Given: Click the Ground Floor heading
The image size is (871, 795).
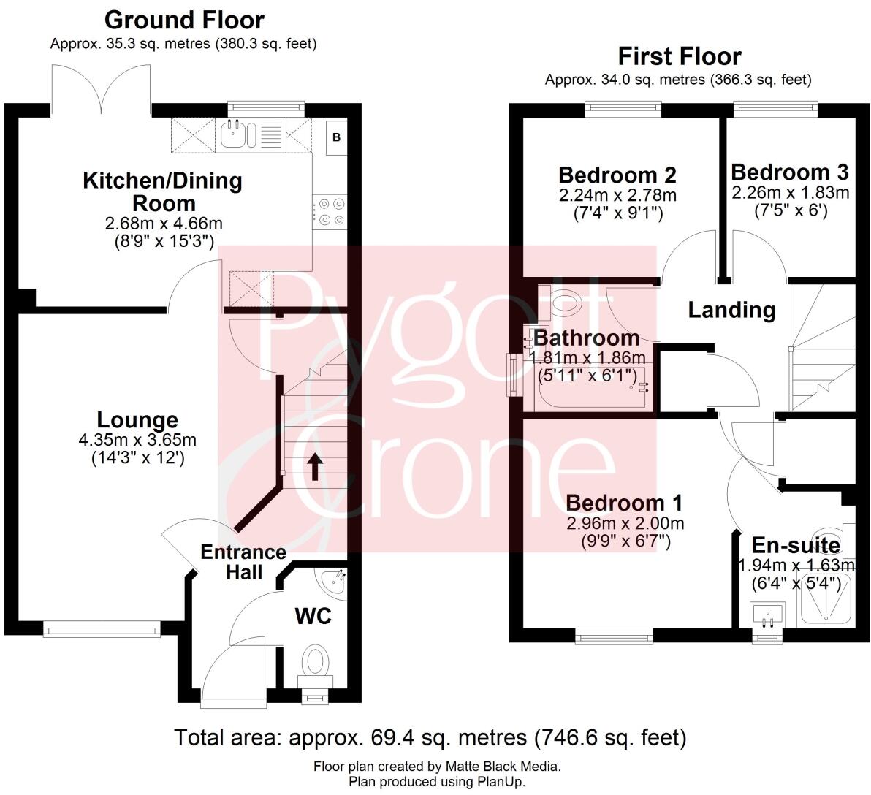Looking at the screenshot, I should click(x=183, y=20).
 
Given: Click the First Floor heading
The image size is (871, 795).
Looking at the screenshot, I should click(x=679, y=56).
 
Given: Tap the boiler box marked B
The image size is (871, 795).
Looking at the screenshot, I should click(x=336, y=137).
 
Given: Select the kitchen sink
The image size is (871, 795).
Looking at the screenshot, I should click(x=237, y=134).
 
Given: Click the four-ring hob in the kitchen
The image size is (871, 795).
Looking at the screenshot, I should click(x=329, y=211).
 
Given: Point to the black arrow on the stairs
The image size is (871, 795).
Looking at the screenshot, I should click(x=315, y=467).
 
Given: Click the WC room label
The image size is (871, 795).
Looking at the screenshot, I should click(x=313, y=615).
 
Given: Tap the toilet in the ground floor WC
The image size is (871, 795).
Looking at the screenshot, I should click(x=316, y=662).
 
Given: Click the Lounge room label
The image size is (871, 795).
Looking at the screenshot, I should click(x=137, y=419).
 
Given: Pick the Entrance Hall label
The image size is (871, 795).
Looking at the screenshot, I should click(x=243, y=561).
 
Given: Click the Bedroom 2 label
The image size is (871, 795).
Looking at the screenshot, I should click(x=617, y=175).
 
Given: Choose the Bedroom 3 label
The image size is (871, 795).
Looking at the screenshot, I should click(x=789, y=172).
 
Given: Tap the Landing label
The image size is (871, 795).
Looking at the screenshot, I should click(x=731, y=310).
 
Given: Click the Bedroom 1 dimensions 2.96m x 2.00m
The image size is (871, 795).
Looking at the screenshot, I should click(x=625, y=523).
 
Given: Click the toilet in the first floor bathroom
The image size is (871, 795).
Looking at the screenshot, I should click(x=561, y=300).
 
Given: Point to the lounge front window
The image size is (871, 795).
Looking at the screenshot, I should click(x=102, y=626).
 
